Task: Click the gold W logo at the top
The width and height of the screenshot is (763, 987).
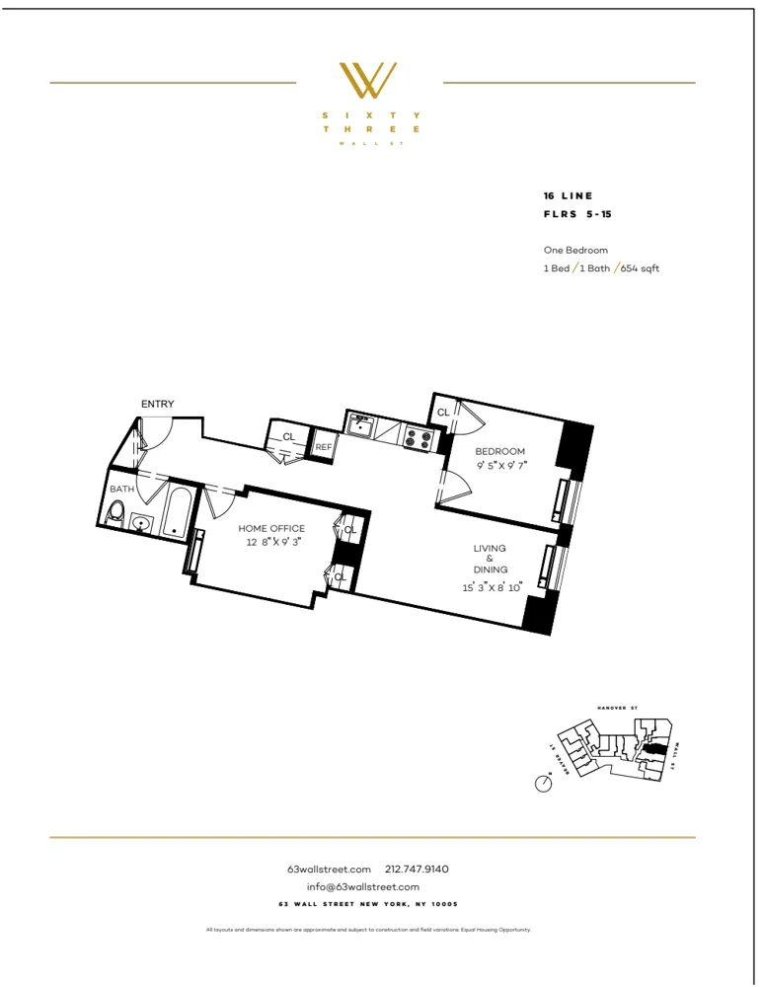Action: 368,81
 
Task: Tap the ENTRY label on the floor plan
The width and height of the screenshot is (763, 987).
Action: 158,404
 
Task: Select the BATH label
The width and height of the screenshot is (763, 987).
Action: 122,489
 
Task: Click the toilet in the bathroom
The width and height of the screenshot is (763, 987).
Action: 116,512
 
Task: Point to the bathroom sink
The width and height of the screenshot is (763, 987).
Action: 142,522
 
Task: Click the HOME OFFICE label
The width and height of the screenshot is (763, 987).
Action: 271,528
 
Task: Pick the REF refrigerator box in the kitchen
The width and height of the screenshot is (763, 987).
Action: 324,447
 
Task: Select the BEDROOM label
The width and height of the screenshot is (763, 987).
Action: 500,451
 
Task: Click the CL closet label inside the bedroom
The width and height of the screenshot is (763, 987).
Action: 443,412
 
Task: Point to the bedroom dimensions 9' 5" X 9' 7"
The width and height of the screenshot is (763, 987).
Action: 500,466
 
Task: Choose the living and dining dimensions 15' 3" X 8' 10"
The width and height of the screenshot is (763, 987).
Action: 493,587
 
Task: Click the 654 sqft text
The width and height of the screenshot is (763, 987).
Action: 641,268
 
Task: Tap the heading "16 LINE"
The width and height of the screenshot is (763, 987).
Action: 569,195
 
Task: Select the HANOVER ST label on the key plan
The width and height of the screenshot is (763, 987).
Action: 619,708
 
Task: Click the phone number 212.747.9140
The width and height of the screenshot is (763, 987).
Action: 417,869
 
